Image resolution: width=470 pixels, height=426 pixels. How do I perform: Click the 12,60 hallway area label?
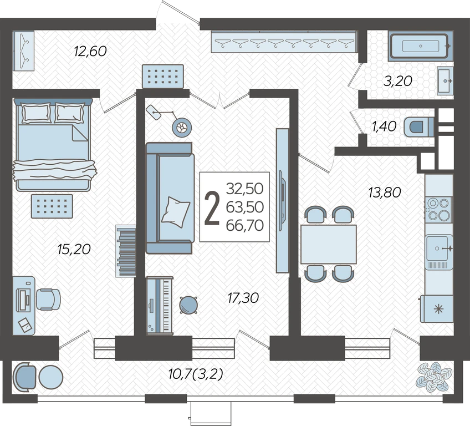click(90, 51)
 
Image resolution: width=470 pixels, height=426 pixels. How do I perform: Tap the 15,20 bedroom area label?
click(74, 249)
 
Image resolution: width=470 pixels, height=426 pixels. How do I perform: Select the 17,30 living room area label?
click(243, 298)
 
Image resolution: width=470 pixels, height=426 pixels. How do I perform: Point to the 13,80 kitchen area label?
click(385, 192)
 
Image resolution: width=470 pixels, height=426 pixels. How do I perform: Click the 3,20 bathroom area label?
click(398, 81)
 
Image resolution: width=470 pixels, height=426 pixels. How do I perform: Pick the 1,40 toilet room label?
click(384, 126)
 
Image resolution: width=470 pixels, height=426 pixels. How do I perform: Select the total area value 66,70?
click(245, 225)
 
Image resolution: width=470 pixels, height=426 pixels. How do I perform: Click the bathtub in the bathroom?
click(420, 46)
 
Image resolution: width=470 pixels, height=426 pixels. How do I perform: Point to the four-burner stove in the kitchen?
click(439, 210)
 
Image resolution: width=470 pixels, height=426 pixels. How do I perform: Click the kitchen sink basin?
click(438, 248)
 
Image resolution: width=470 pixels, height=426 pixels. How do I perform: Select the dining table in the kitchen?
click(329, 244)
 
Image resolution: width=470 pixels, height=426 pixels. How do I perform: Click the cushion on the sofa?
click(176, 212)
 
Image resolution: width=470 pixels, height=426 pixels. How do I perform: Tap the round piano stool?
click(188, 305)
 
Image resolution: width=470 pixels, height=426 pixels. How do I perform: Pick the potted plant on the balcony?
click(433, 377)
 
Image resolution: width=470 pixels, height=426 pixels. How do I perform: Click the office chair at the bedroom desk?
click(48, 300)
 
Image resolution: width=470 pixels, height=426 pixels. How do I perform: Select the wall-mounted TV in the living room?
click(282, 201)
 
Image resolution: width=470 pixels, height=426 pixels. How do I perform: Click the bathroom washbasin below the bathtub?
click(445, 80)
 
